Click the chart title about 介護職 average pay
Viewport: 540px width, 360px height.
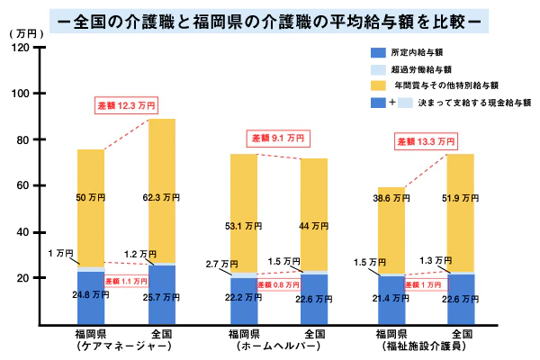[x=270, y=17]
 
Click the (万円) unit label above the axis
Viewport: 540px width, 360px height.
[x=26, y=32]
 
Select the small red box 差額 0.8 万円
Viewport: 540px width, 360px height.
[x=279, y=284]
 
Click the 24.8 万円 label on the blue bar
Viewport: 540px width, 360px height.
[x=91, y=295]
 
